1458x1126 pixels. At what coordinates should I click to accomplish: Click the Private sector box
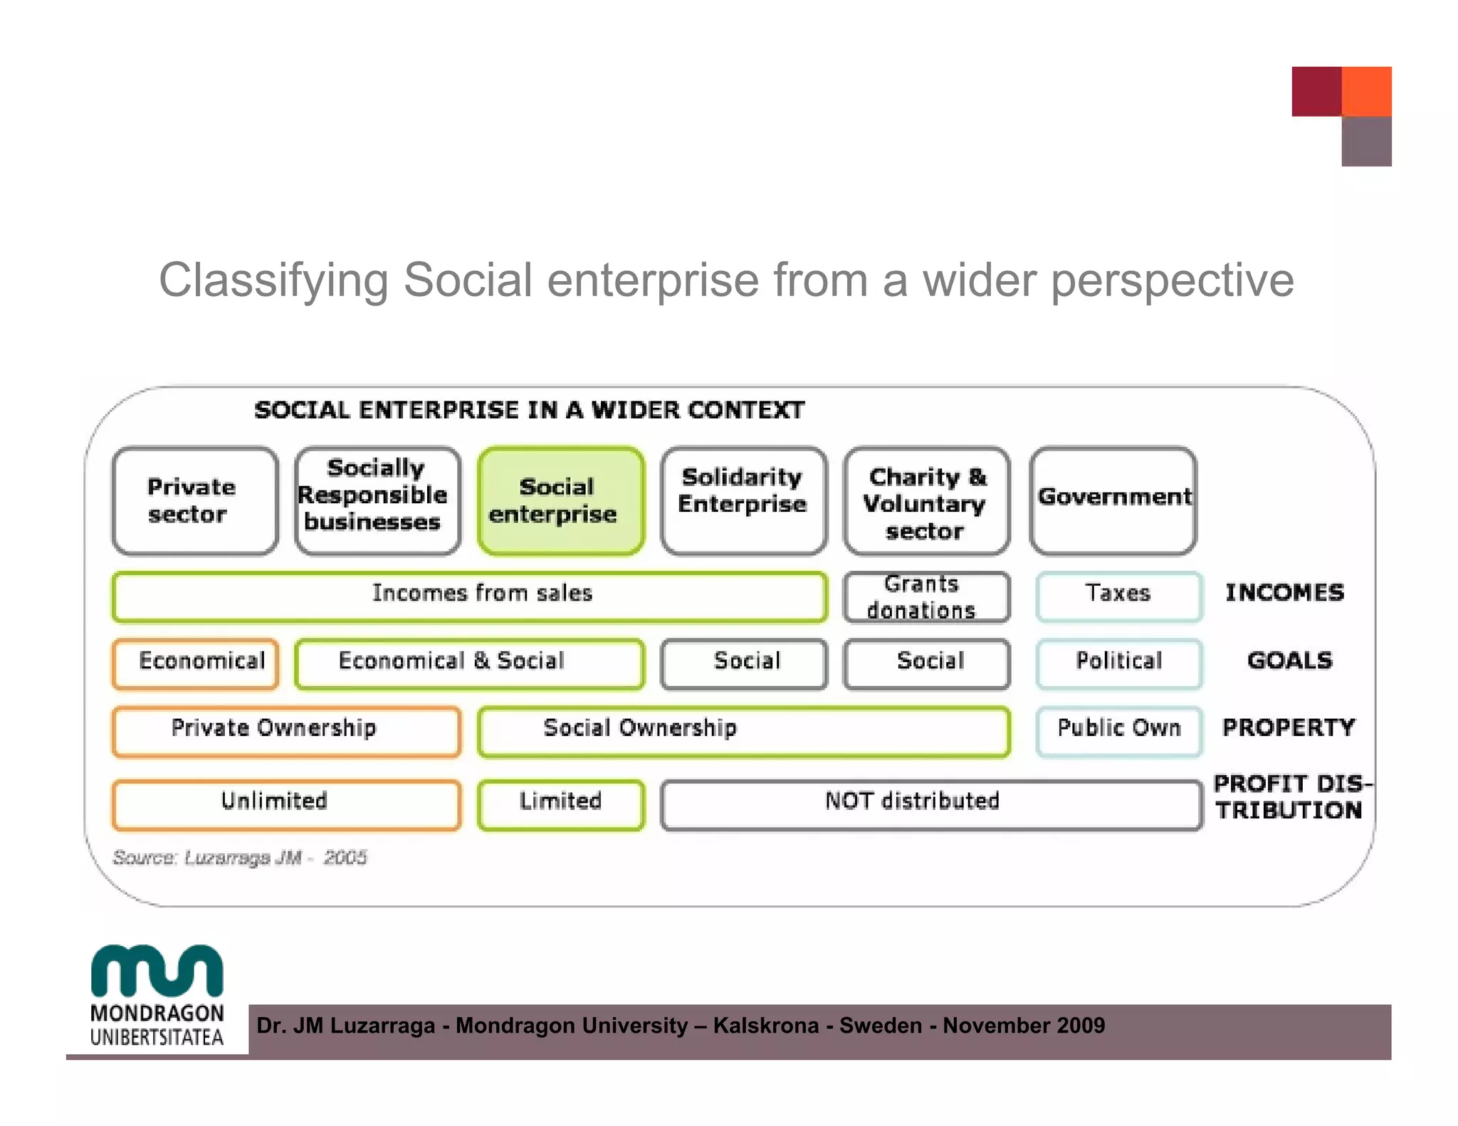coord(194,501)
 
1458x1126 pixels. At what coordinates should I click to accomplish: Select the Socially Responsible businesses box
coord(377,501)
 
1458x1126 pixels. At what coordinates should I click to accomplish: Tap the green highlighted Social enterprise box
coord(561,501)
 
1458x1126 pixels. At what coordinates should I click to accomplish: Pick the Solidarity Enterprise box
coord(744,501)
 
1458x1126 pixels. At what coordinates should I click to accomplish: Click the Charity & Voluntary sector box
coord(926,501)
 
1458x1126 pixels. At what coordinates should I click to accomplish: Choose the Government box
coord(1113,501)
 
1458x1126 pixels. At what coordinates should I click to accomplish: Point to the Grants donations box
coord(926,597)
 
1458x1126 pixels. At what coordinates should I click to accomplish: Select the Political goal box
coord(1118,663)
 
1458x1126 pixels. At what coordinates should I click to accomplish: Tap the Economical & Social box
coord(469,663)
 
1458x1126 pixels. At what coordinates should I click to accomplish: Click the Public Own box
coord(1118,730)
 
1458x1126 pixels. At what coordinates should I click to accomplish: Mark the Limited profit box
coord(561,804)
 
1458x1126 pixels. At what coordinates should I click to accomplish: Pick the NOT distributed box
coord(931,804)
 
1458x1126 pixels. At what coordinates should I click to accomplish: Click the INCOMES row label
coord(1284,593)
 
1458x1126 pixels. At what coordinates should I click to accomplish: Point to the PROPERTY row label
coord(1289,727)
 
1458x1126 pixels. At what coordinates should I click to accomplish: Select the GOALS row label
coord(1289,661)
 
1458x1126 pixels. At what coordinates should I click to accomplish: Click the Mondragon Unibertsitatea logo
coord(157,996)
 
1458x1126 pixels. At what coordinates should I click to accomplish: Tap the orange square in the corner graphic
coord(1366,91)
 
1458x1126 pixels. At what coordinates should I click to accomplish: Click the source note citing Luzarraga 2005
coord(239,858)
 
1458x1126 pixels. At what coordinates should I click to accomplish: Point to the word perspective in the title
coord(1172,280)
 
